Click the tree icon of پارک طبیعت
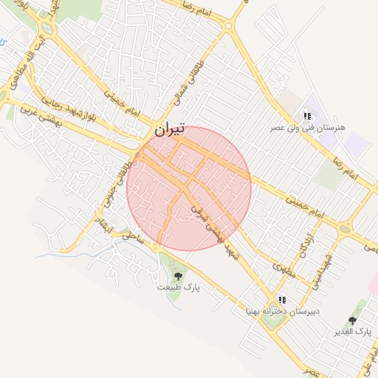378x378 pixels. (x=178, y=276)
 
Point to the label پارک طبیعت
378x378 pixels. (x=179, y=286)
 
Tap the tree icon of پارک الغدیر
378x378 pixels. (x=352, y=321)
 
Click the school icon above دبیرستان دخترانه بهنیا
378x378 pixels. (x=282, y=300)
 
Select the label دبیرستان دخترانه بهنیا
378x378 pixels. (x=283, y=312)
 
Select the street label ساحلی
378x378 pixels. (x=133, y=238)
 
